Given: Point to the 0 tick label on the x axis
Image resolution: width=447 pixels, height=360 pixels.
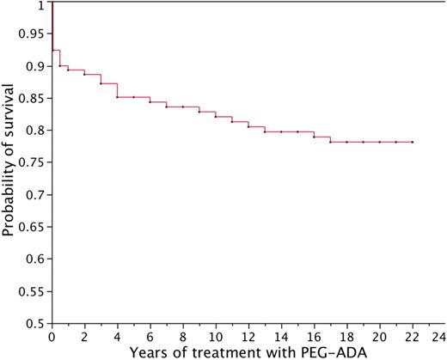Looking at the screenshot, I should pyautogui.click(x=52, y=338).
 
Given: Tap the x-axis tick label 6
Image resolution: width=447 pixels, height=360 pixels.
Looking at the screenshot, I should pyautogui.click(x=150, y=338).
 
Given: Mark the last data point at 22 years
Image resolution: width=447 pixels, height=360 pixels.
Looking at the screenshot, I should pyautogui.click(x=413, y=142).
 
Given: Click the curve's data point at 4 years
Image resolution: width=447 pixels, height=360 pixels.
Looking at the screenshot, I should pyautogui.click(x=117, y=97).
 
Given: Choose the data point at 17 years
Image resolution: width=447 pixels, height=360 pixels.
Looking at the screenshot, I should pyautogui.click(x=330, y=142).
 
